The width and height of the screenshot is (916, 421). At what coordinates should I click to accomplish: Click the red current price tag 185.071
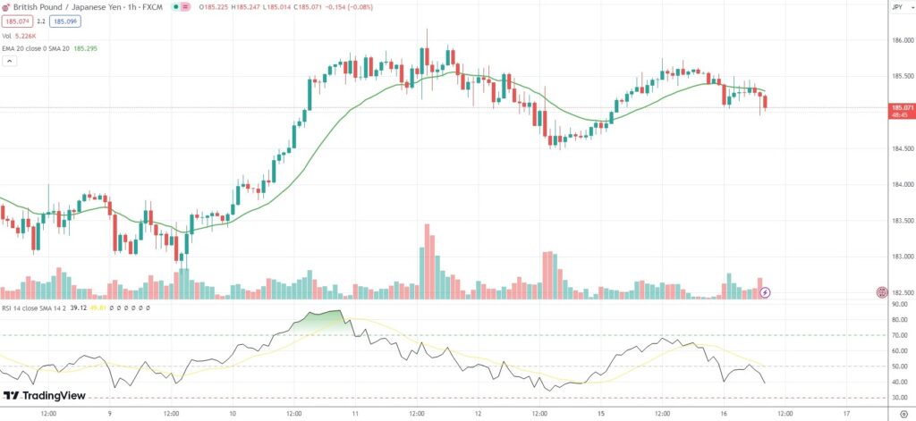[900, 107]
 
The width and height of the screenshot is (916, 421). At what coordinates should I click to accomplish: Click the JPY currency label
[897, 7]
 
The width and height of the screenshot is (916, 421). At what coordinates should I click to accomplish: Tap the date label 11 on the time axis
[355, 414]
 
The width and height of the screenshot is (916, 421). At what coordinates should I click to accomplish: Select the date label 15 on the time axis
[602, 414]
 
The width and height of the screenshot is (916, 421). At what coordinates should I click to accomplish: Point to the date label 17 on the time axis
[846, 414]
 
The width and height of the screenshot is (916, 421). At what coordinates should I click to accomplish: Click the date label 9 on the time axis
[109, 414]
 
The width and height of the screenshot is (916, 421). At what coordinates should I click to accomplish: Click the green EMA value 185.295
[87, 48]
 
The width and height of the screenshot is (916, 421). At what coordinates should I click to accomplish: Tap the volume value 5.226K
[35, 36]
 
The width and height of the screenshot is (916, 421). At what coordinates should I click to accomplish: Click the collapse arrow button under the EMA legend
[10, 62]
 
